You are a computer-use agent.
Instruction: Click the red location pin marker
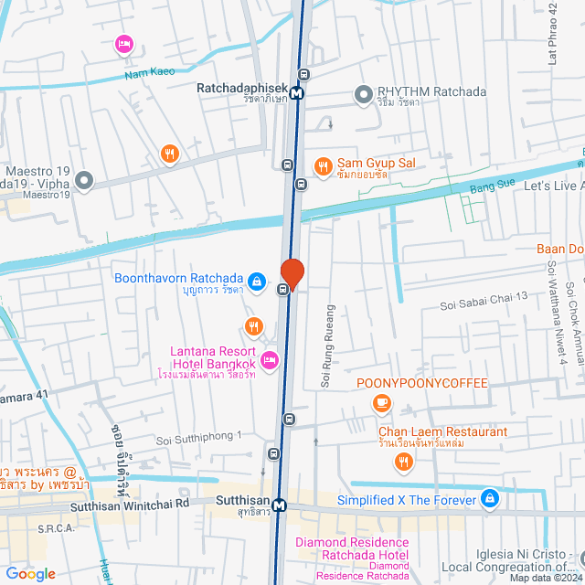(292, 273)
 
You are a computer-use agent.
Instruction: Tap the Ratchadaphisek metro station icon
(297, 92)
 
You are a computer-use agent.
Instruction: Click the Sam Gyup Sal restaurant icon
(323, 166)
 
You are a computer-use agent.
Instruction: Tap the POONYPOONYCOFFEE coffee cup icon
(381, 402)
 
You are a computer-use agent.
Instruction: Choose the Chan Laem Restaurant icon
(404, 462)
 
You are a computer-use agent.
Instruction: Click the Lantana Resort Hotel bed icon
(270, 361)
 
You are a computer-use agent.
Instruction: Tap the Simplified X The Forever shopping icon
(490, 499)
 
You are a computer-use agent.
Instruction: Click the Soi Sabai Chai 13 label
(484, 296)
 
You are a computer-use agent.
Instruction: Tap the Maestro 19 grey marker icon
(85, 180)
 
